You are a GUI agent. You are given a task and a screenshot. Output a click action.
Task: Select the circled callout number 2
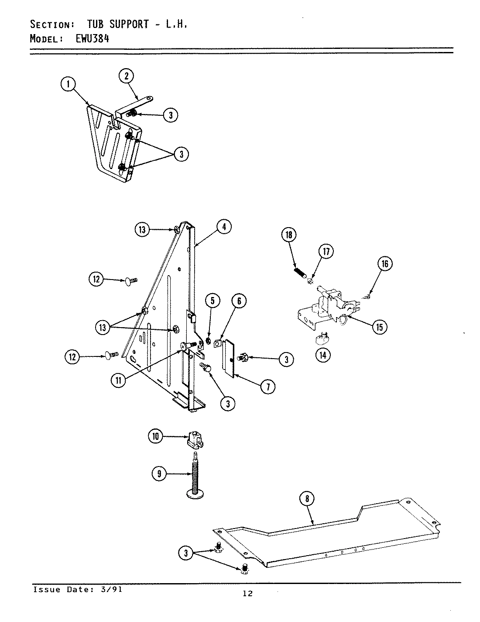(126, 76)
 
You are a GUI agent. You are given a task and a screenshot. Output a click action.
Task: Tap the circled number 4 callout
(223, 227)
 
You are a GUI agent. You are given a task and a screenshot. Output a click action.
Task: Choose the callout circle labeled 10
(156, 436)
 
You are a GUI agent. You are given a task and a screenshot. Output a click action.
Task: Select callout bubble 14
(322, 355)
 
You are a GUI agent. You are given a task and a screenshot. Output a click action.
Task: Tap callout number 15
(380, 327)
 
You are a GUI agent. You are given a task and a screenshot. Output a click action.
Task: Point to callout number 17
(326, 251)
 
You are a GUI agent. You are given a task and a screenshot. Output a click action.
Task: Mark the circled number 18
(288, 235)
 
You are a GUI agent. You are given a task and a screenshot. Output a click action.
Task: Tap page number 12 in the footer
(247, 593)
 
